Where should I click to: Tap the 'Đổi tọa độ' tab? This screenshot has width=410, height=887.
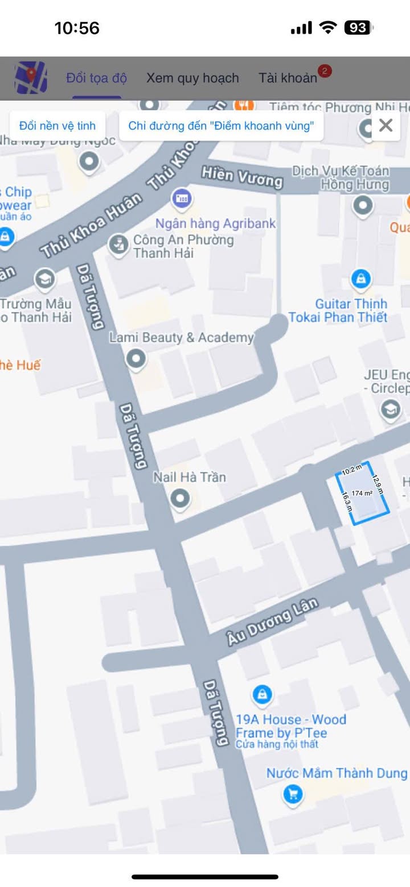(96, 78)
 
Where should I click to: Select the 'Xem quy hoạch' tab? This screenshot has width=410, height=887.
(192, 78)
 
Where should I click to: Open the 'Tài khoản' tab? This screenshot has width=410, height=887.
(288, 78)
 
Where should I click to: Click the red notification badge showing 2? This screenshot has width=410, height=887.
(325, 71)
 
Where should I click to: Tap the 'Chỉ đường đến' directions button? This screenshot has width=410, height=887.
(221, 126)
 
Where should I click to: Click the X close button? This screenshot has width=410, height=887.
(386, 125)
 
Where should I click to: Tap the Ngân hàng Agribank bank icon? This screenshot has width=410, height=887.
(182, 199)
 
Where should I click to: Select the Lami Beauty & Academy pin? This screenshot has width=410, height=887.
(136, 359)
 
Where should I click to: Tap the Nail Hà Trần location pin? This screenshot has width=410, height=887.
(181, 499)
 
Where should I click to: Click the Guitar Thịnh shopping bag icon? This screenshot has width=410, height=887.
(360, 279)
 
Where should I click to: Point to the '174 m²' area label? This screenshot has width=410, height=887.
(362, 493)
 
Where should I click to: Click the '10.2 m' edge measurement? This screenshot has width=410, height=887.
(352, 470)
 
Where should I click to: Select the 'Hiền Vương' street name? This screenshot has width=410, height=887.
(242, 177)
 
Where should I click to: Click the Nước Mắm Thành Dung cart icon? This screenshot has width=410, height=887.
(293, 794)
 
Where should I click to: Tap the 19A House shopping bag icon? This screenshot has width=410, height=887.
(261, 695)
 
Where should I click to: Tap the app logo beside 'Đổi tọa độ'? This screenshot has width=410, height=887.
(31, 77)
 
